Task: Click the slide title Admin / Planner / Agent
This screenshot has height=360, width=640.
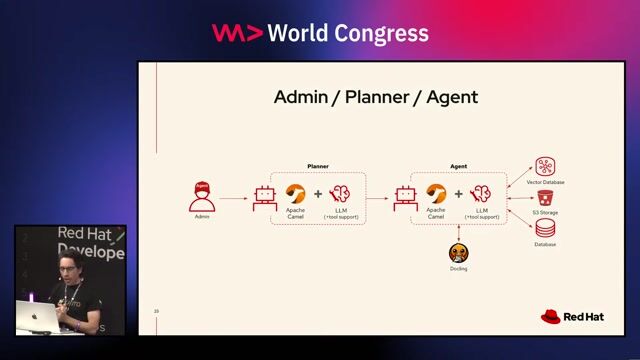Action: (376, 98)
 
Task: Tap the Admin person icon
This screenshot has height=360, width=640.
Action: (202, 196)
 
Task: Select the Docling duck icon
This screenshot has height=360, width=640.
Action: (458, 253)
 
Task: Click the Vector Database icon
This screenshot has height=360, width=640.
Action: (545, 167)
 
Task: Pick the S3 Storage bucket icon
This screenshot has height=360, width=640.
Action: (545, 198)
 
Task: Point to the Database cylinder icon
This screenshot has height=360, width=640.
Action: (545, 229)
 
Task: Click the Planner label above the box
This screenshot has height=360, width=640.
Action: (317, 166)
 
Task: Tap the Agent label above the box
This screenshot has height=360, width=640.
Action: (458, 166)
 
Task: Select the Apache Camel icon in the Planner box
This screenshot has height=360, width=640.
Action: (295, 194)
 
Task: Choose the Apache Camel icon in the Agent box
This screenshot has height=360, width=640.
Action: (436, 194)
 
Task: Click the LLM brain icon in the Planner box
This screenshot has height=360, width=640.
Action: (340, 194)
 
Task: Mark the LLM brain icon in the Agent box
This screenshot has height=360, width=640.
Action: (481, 194)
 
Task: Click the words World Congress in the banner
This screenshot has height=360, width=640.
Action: (350, 33)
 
